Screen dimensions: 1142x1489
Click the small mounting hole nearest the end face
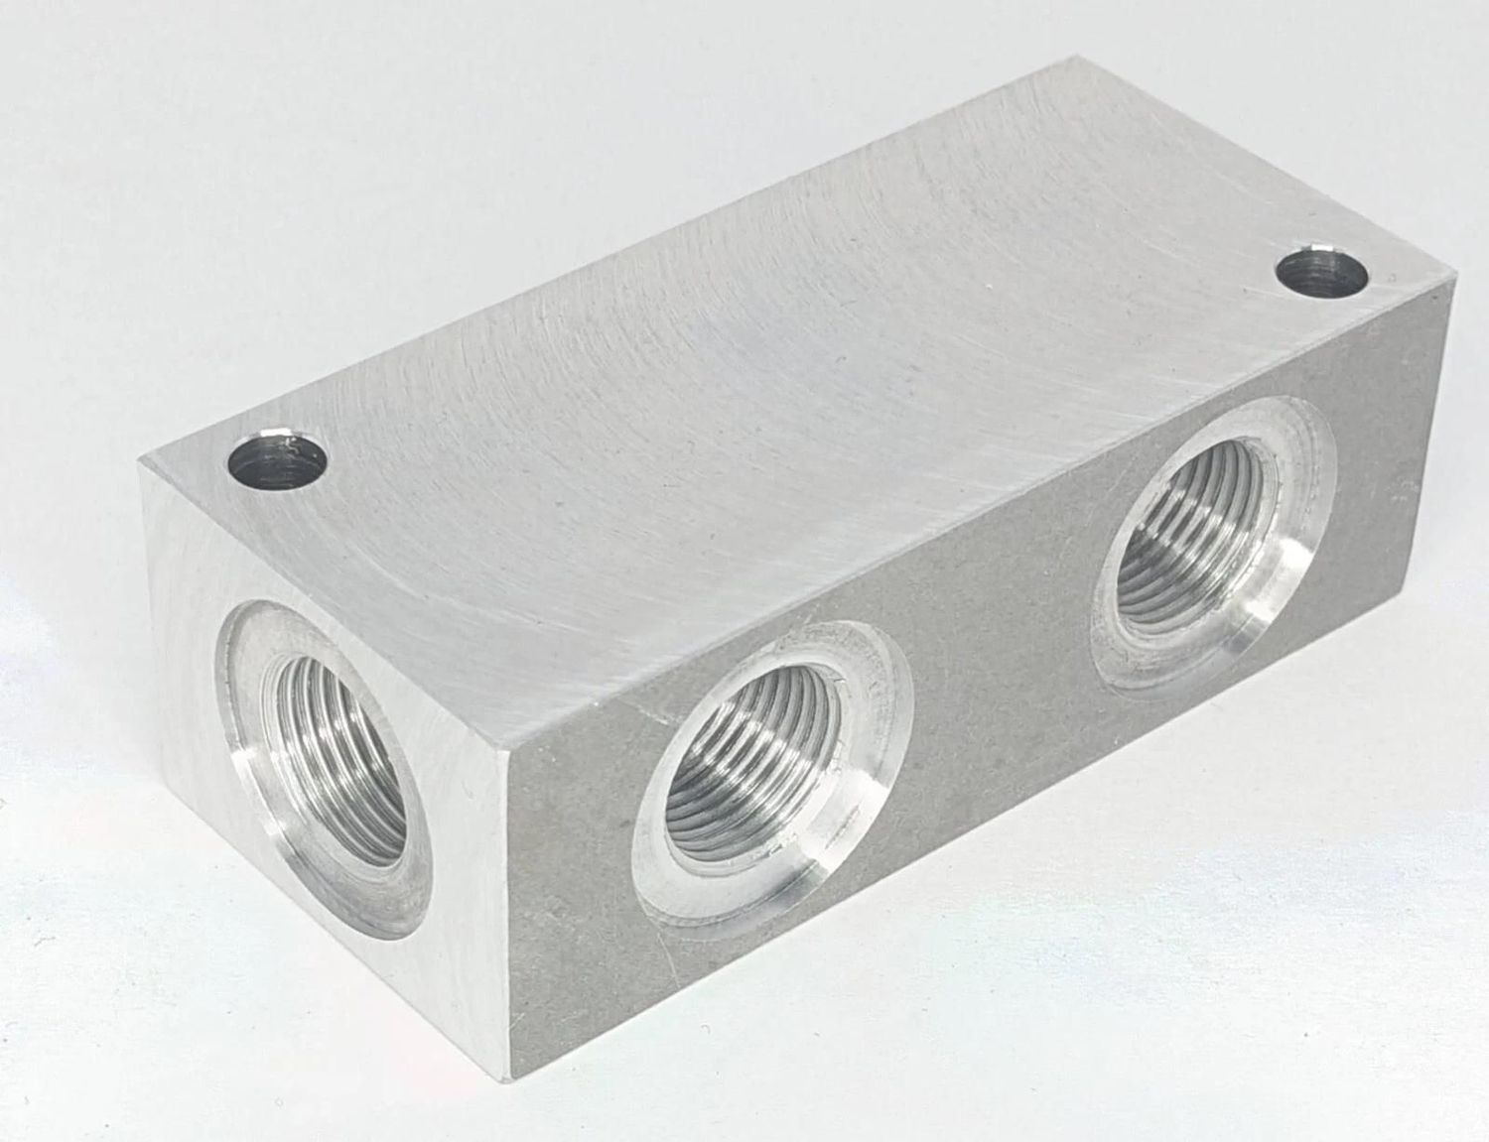click(278, 463)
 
